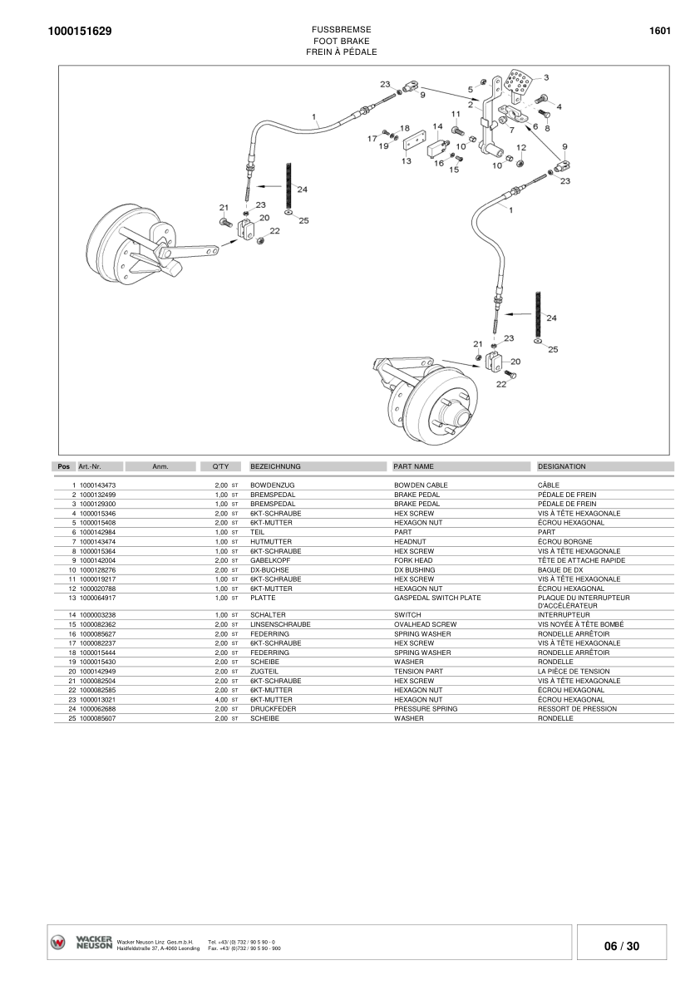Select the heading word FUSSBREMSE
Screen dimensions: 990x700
point(342,29)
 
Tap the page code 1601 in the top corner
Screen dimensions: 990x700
point(659,31)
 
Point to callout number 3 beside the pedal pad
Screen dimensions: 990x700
point(546,77)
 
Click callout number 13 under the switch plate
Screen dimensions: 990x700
point(407,161)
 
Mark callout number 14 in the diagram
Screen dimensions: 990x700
point(437,126)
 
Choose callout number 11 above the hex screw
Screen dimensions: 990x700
point(456,114)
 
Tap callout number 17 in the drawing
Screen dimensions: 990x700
point(372,139)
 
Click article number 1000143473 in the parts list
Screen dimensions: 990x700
point(97,485)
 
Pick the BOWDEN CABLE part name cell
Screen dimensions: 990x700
point(421,485)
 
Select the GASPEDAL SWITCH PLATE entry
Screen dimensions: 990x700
point(437,598)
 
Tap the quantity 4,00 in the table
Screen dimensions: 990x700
point(221,700)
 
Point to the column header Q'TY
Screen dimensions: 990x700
point(220,467)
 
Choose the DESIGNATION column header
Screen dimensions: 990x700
point(562,467)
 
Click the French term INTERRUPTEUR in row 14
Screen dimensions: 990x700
point(564,615)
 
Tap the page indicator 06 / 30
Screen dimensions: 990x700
point(621,946)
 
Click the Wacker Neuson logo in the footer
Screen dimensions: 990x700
point(81,942)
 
